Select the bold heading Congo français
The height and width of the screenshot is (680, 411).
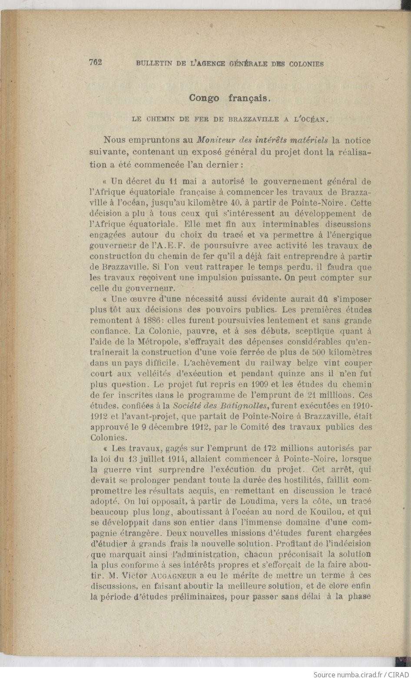(230, 98)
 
